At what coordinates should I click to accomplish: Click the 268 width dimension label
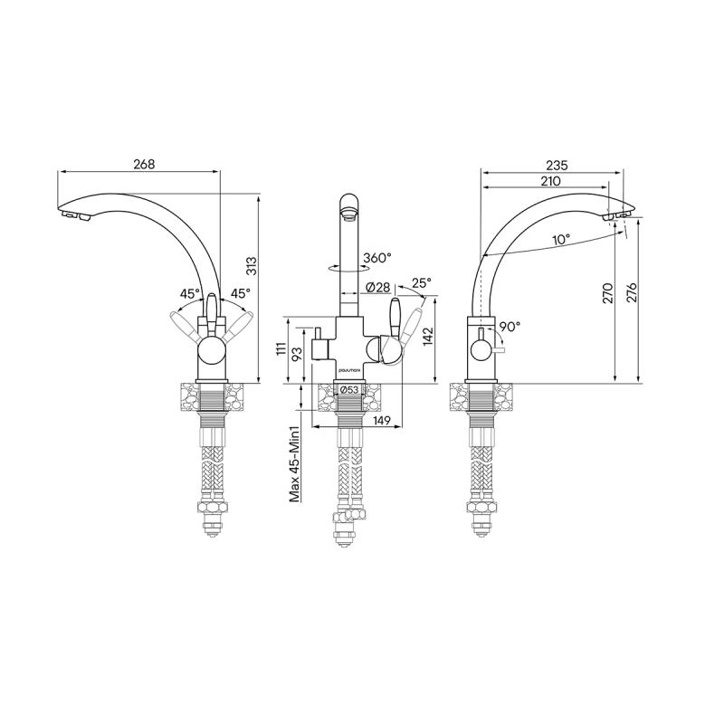coord(144,164)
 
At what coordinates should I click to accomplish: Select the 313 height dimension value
coord(252,266)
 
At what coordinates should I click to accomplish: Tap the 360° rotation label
coord(377,258)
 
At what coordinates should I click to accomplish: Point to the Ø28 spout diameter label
coord(377,288)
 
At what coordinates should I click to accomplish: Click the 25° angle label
coord(421,283)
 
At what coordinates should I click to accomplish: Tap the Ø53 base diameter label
coord(348,390)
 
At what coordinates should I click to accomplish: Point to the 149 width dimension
coord(381,420)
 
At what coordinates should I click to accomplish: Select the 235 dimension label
coord(557,165)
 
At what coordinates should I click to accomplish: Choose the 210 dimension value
coord(549,181)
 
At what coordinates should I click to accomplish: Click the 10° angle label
coord(561,240)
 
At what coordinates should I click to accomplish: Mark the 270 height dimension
coord(608,293)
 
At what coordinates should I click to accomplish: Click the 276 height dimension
coord(633,293)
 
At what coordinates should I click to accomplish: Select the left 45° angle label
coord(189,294)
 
